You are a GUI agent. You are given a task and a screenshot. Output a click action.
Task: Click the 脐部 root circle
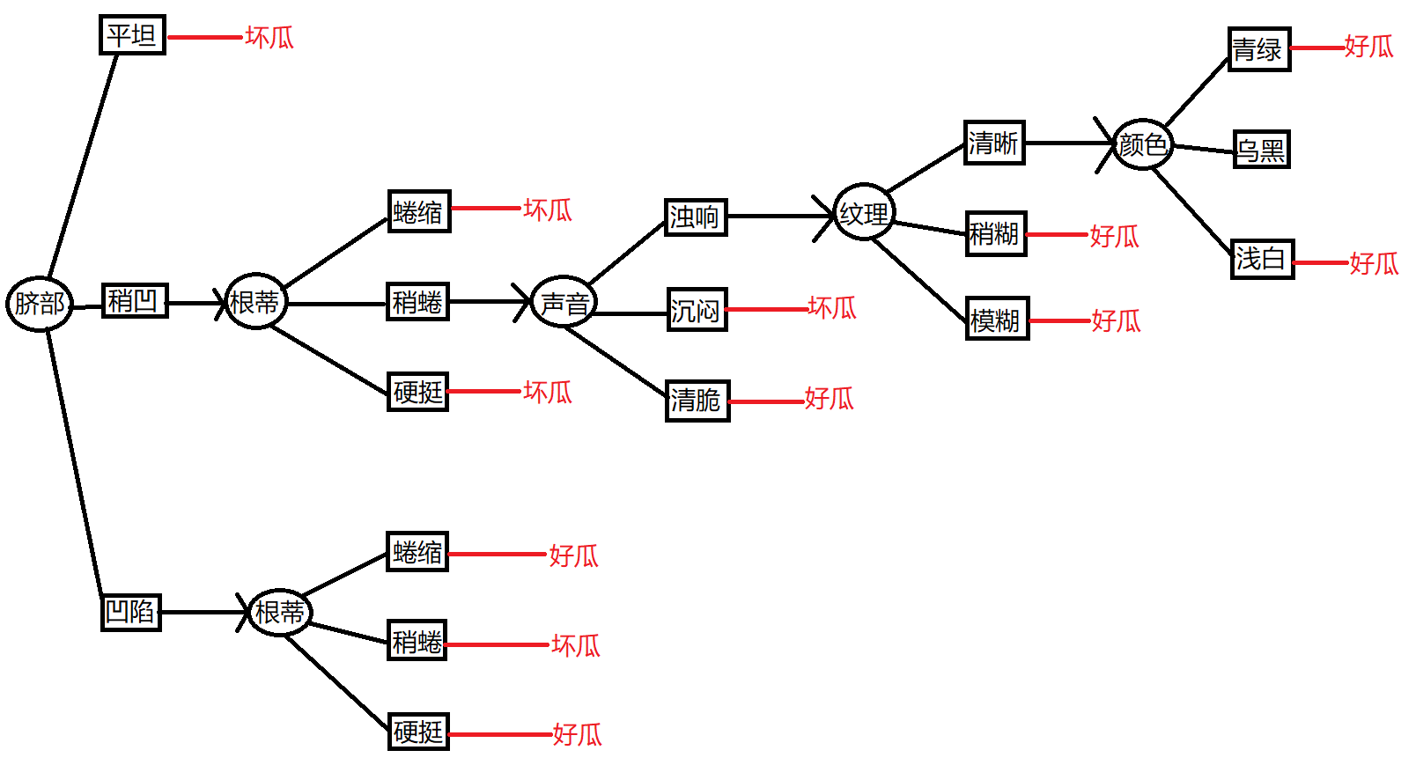pos(40,304)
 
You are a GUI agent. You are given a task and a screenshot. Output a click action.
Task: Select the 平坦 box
pos(132,35)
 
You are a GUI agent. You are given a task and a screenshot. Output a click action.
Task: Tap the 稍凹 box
pos(134,301)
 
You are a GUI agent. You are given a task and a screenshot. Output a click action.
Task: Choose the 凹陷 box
pos(130,612)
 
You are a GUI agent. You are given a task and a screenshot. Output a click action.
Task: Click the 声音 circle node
pos(564,302)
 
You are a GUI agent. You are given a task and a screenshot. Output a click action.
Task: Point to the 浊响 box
pos(695,217)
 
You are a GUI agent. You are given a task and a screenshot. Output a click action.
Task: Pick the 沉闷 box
pos(697,310)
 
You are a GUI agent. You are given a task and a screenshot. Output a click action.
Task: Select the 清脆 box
pos(697,401)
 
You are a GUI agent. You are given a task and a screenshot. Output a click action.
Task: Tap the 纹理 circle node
pos(864,213)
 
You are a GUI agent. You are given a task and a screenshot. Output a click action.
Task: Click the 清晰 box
pos(994,143)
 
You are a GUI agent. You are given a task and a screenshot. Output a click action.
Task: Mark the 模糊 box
pos(996,319)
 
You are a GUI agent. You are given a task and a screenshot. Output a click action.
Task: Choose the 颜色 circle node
pos(1142,144)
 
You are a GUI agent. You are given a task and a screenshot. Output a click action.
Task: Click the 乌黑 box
pos(1261,150)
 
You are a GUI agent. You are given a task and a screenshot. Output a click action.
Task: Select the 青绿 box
pos(1258,49)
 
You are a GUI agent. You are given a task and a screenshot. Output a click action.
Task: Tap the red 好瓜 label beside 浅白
pos(1374,263)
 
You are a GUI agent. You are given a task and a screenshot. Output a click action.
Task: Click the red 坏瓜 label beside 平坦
pos(269,38)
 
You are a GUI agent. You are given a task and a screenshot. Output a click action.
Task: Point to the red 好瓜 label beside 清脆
pos(829,399)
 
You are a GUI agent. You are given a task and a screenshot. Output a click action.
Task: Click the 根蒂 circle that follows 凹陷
pos(280,612)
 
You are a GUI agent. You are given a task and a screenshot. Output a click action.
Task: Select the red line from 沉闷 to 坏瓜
pos(767,310)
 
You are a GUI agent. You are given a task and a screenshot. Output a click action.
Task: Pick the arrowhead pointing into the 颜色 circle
pos(1106,143)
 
